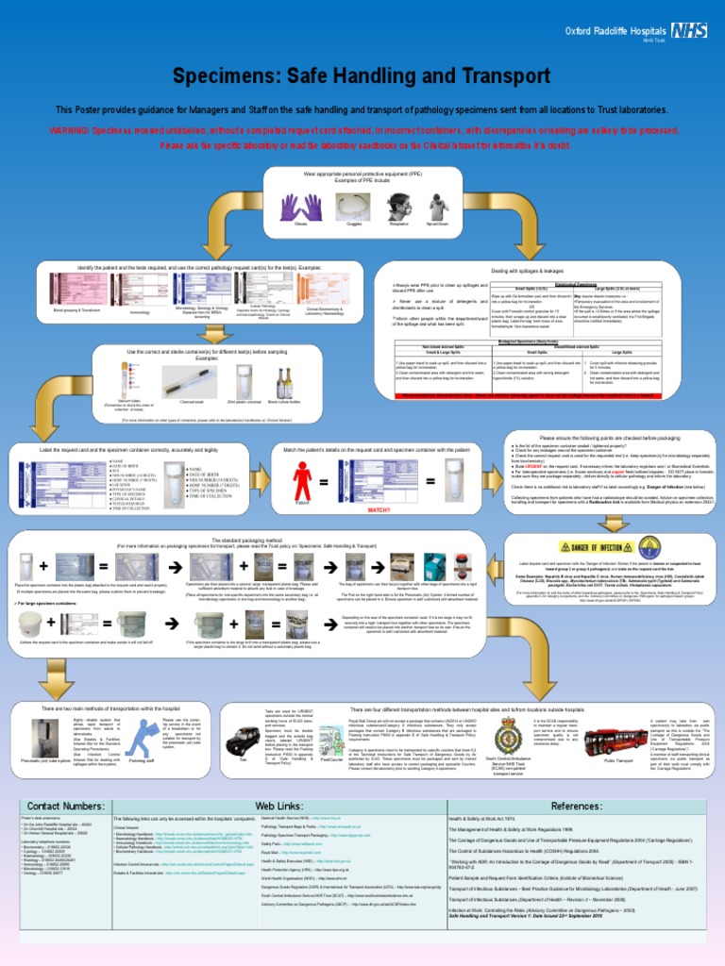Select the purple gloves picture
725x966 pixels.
[x=301, y=207]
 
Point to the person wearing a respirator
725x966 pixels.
[x=398, y=207]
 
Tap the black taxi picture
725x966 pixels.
[x=244, y=742]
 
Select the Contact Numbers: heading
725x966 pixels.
[x=65, y=807]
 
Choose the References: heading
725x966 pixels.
[x=577, y=807]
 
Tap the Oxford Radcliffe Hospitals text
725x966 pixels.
[x=615, y=31]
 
